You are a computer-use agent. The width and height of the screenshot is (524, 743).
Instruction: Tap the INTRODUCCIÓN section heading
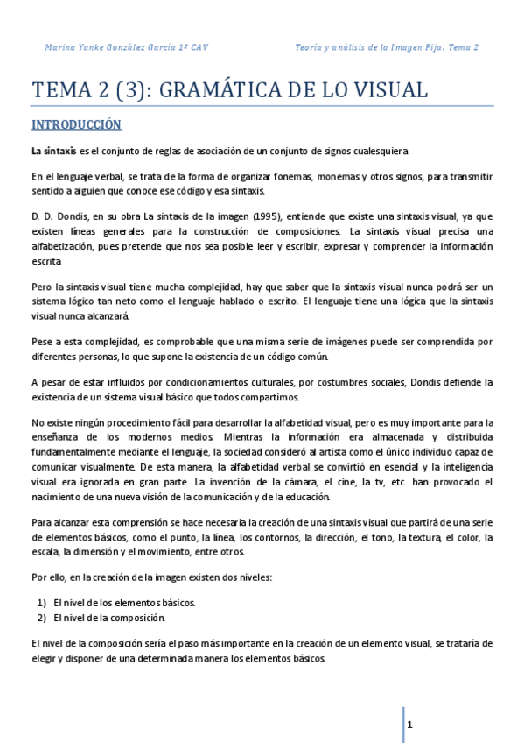[75, 124]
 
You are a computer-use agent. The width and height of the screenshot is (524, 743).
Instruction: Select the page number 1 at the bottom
[409, 725]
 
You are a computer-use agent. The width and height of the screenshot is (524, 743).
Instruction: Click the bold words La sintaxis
[53, 152]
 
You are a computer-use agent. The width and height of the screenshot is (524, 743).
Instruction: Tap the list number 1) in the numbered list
[41, 603]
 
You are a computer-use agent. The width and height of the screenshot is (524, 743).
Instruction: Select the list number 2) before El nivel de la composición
[41, 617]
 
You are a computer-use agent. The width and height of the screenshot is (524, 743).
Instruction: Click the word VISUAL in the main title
[386, 89]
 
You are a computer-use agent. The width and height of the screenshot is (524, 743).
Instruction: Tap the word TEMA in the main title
[59, 89]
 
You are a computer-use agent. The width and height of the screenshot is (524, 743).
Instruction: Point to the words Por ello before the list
[48, 578]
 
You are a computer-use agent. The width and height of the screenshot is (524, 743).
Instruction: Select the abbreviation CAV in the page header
[199, 47]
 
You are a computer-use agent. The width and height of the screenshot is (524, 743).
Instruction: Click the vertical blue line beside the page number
[403, 724]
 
